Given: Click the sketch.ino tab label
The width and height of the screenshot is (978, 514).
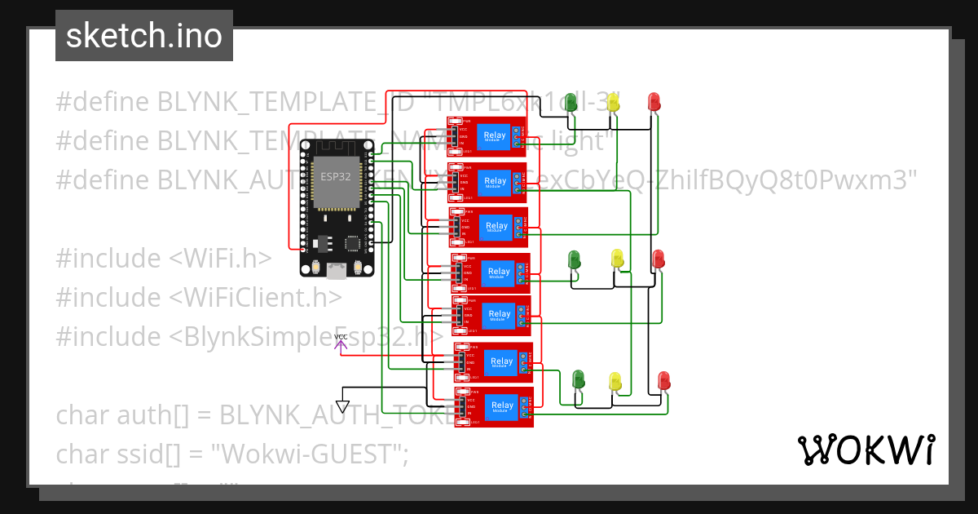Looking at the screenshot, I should pos(143,36).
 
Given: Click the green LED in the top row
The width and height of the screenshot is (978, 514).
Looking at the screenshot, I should pos(571,103).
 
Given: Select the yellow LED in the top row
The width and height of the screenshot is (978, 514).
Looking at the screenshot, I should pos(614,103).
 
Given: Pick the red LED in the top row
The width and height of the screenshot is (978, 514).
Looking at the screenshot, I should pos(654,102).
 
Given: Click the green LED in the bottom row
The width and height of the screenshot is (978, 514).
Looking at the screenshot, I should pos(579,379).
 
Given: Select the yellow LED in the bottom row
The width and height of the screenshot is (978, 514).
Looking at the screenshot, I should pos(616,381).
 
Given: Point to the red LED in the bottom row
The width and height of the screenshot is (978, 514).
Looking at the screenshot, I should pos(664,380).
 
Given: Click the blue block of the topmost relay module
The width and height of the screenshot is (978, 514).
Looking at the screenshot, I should pos(494,137).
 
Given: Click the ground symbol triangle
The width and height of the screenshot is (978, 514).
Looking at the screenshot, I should pos(343,406).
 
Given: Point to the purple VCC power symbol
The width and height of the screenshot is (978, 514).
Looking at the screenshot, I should pos(341,342).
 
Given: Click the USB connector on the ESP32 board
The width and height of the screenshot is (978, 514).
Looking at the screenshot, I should pos(336,271).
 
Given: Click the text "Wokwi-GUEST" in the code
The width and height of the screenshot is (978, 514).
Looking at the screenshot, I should pos(309,454).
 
